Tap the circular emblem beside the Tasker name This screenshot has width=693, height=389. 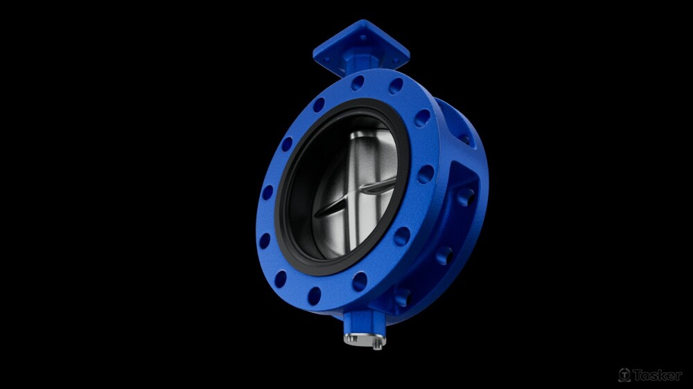624,375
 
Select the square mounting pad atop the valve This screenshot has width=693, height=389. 361,46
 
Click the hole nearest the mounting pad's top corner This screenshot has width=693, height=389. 363,37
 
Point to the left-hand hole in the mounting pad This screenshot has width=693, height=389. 326,58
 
